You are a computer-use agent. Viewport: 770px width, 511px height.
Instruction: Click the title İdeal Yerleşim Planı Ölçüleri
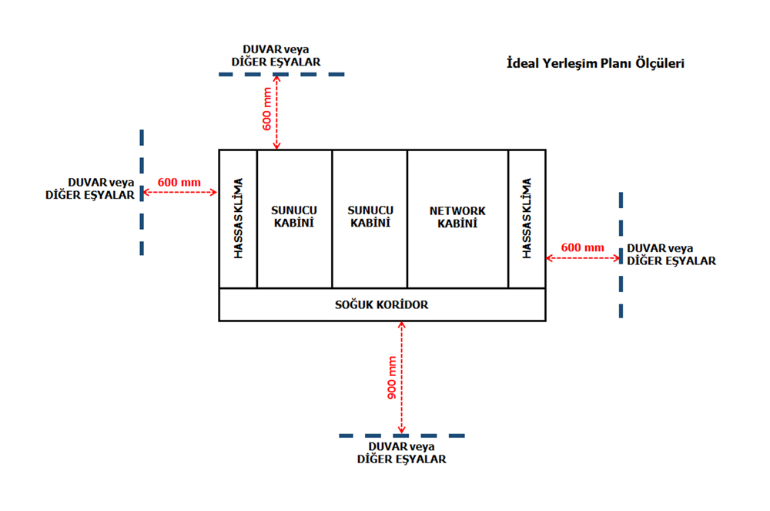pos(594,63)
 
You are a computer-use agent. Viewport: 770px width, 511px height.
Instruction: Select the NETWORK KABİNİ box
pos(457,217)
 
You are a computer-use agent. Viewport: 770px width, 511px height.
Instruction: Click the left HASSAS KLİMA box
pos(238,218)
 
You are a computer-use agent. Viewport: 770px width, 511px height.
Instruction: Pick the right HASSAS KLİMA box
pos(527,218)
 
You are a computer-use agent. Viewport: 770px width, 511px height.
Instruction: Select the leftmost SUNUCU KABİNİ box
pos(294,217)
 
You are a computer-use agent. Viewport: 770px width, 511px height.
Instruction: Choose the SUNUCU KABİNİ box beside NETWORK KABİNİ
pos(370,217)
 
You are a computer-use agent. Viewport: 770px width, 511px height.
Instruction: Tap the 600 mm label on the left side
pos(179,183)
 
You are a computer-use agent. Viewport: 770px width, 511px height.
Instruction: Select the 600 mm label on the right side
pos(582,247)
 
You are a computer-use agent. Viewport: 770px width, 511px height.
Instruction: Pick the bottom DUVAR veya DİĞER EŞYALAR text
pos(402,452)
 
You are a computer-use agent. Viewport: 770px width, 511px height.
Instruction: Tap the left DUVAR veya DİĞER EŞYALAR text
pos(90,189)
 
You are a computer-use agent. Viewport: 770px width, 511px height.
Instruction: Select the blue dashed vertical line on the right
pos(621,254)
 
